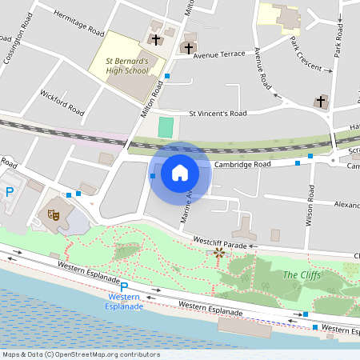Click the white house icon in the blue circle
(x=180, y=172)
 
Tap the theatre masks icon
(x=54, y=214)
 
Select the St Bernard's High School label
(x=127, y=66)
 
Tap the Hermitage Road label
(x=79, y=23)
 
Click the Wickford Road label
(x=62, y=102)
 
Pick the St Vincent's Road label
(x=217, y=114)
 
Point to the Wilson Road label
(x=310, y=205)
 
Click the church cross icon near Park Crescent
(x=321, y=102)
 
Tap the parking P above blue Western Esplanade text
(x=124, y=286)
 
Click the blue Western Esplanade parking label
(x=126, y=302)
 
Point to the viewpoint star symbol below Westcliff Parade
(x=219, y=253)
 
